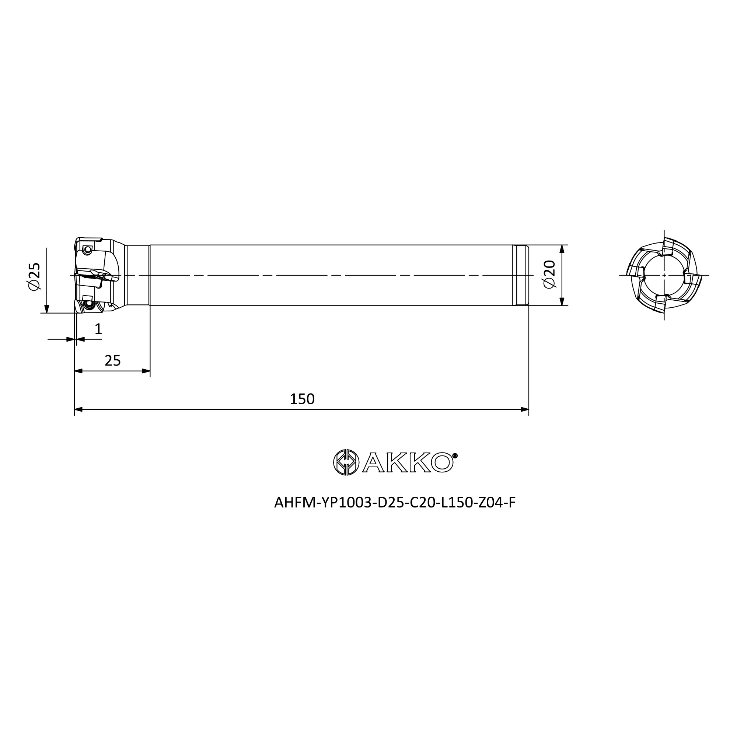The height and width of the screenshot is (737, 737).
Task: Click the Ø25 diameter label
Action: click(x=34, y=276)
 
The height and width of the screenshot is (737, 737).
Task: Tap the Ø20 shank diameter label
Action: click(x=549, y=274)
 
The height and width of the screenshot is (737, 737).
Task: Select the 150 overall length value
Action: click(x=302, y=399)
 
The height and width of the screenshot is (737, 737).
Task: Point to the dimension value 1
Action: click(x=98, y=328)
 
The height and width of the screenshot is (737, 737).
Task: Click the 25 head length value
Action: click(x=112, y=360)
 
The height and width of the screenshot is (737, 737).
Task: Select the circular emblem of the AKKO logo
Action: click(x=346, y=462)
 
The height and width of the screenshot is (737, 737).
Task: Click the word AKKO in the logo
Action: click(x=408, y=463)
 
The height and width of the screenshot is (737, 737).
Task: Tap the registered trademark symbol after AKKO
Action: click(x=455, y=455)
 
